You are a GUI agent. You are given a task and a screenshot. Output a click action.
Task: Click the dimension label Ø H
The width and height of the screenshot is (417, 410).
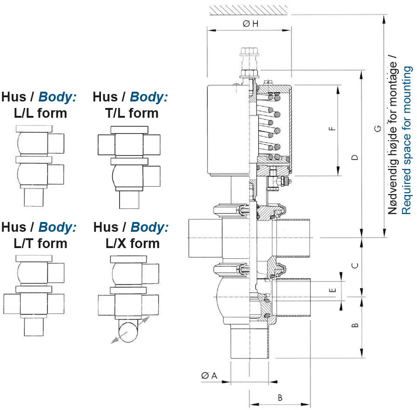click(x=250, y=24)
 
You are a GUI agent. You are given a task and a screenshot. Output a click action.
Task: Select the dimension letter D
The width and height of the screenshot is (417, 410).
click(x=355, y=157)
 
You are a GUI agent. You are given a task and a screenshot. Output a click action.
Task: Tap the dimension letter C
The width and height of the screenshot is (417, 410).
click(x=355, y=266)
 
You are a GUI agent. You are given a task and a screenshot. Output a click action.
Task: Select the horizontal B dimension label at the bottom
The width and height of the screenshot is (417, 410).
click(x=280, y=398)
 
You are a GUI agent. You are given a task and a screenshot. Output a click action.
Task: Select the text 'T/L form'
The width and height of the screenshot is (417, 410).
click(x=132, y=113)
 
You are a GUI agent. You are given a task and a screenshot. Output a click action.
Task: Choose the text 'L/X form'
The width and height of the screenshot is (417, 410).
click(x=132, y=243)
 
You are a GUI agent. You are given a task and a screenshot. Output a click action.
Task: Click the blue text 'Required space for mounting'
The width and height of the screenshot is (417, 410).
click(x=406, y=140)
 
